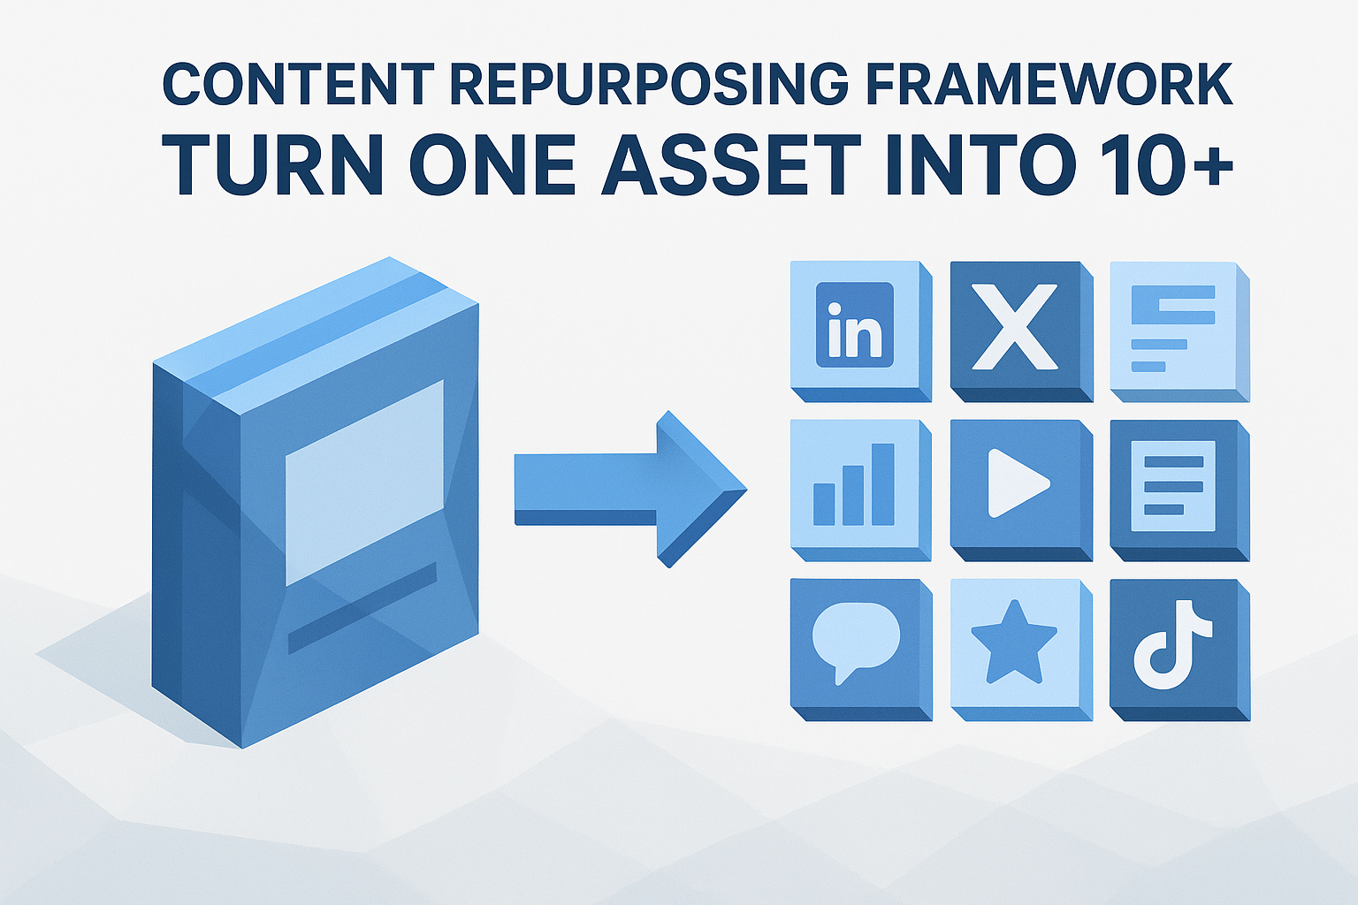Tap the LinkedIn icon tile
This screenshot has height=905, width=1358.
[855, 324]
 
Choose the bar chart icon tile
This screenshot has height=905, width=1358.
[854, 484]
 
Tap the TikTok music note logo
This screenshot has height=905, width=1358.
[1172, 643]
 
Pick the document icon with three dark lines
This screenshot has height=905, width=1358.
[1173, 485]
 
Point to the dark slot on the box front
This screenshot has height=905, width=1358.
[362, 607]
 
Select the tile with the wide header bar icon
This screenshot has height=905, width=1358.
[1172, 327]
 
